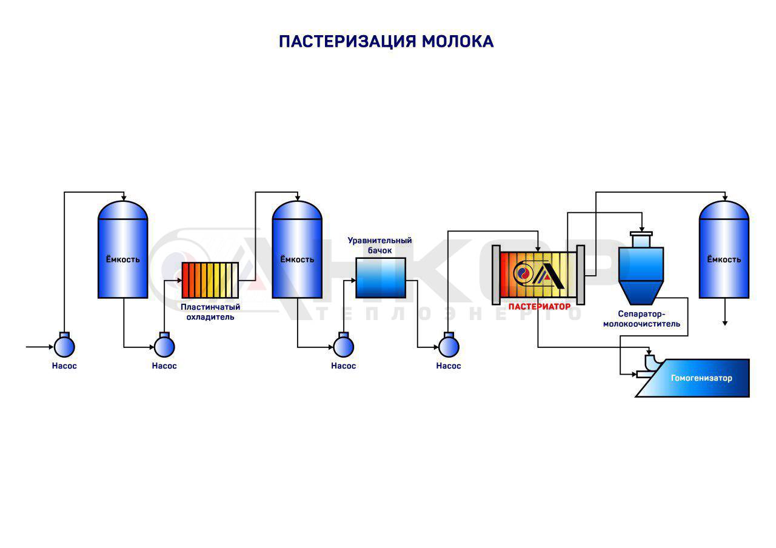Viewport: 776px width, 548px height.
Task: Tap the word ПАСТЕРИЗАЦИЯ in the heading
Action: pyautogui.click(x=347, y=41)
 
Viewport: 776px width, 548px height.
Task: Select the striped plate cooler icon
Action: pyautogui.click(x=210, y=280)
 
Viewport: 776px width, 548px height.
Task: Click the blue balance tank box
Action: pyautogui.click(x=380, y=278)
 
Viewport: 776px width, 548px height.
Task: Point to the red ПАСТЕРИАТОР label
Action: pyautogui.click(x=539, y=307)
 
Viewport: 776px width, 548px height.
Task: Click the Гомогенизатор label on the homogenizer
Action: pyautogui.click(x=701, y=378)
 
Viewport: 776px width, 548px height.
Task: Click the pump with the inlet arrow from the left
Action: pyautogui.click(x=64, y=346)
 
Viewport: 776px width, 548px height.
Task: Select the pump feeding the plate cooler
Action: pyautogui.click(x=164, y=346)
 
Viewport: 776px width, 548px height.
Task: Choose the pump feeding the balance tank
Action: pyautogui.click(x=343, y=346)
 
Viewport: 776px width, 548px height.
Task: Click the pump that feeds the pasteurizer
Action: pyautogui.click(x=449, y=346)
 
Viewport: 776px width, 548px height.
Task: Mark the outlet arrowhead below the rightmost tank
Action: pyautogui.click(x=724, y=323)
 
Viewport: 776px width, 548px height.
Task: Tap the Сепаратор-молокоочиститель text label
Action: pyautogui.click(x=641, y=319)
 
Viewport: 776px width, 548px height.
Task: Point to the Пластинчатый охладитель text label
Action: pyautogui.click(x=210, y=312)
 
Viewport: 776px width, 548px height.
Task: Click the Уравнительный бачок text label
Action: pyautogui.click(x=380, y=245)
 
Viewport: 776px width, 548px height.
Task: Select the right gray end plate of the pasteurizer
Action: pyautogui.click(x=580, y=275)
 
